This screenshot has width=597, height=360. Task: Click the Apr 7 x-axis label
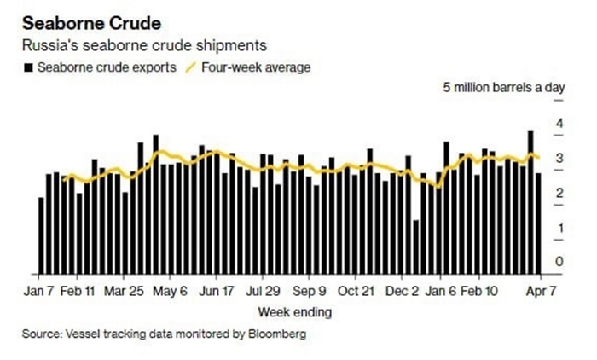click(x=538, y=290)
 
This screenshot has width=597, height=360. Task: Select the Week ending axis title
click(x=294, y=312)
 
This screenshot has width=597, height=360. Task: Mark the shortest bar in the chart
click(x=416, y=247)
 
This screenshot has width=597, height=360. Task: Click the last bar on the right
click(x=537, y=224)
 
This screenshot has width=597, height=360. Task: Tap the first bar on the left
click(x=41, y=235)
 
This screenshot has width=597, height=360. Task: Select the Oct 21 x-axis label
click(x=356, y=290)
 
